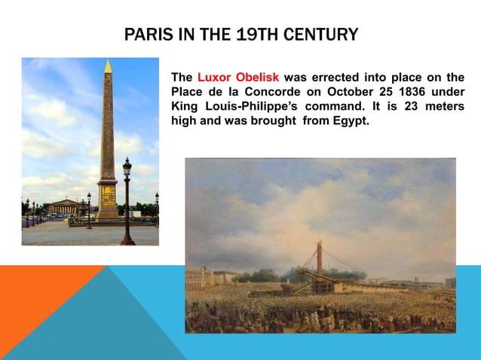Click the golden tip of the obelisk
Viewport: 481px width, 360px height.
tap(108, 67)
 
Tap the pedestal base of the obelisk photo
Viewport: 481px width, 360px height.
tap(107, 200)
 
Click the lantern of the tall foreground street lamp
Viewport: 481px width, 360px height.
tap(127, 166)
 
